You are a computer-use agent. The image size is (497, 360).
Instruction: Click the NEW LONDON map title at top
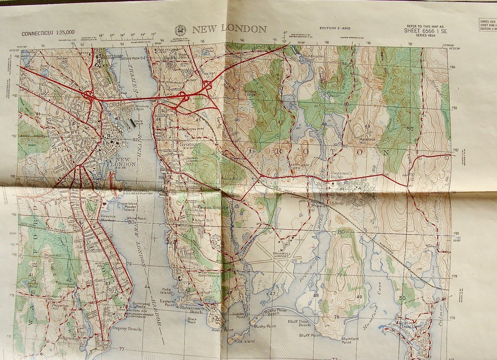coord(229,29)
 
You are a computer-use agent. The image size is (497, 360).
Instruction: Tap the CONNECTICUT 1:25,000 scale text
coord(48,34)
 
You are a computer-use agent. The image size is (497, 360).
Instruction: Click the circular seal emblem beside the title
coord(180,30)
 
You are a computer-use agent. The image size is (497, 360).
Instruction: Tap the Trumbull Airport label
coord(278,249)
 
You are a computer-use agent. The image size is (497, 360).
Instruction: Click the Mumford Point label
coord(350,340)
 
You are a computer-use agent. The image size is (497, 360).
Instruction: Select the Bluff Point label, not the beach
coord(310,335)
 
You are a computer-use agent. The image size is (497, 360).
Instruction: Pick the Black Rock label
coord(192,321)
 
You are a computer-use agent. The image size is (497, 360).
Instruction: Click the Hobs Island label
coord(166,290)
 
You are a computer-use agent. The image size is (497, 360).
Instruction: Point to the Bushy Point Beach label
coord(277,313)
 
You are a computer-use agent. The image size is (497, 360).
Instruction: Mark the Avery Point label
coord(222,330)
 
